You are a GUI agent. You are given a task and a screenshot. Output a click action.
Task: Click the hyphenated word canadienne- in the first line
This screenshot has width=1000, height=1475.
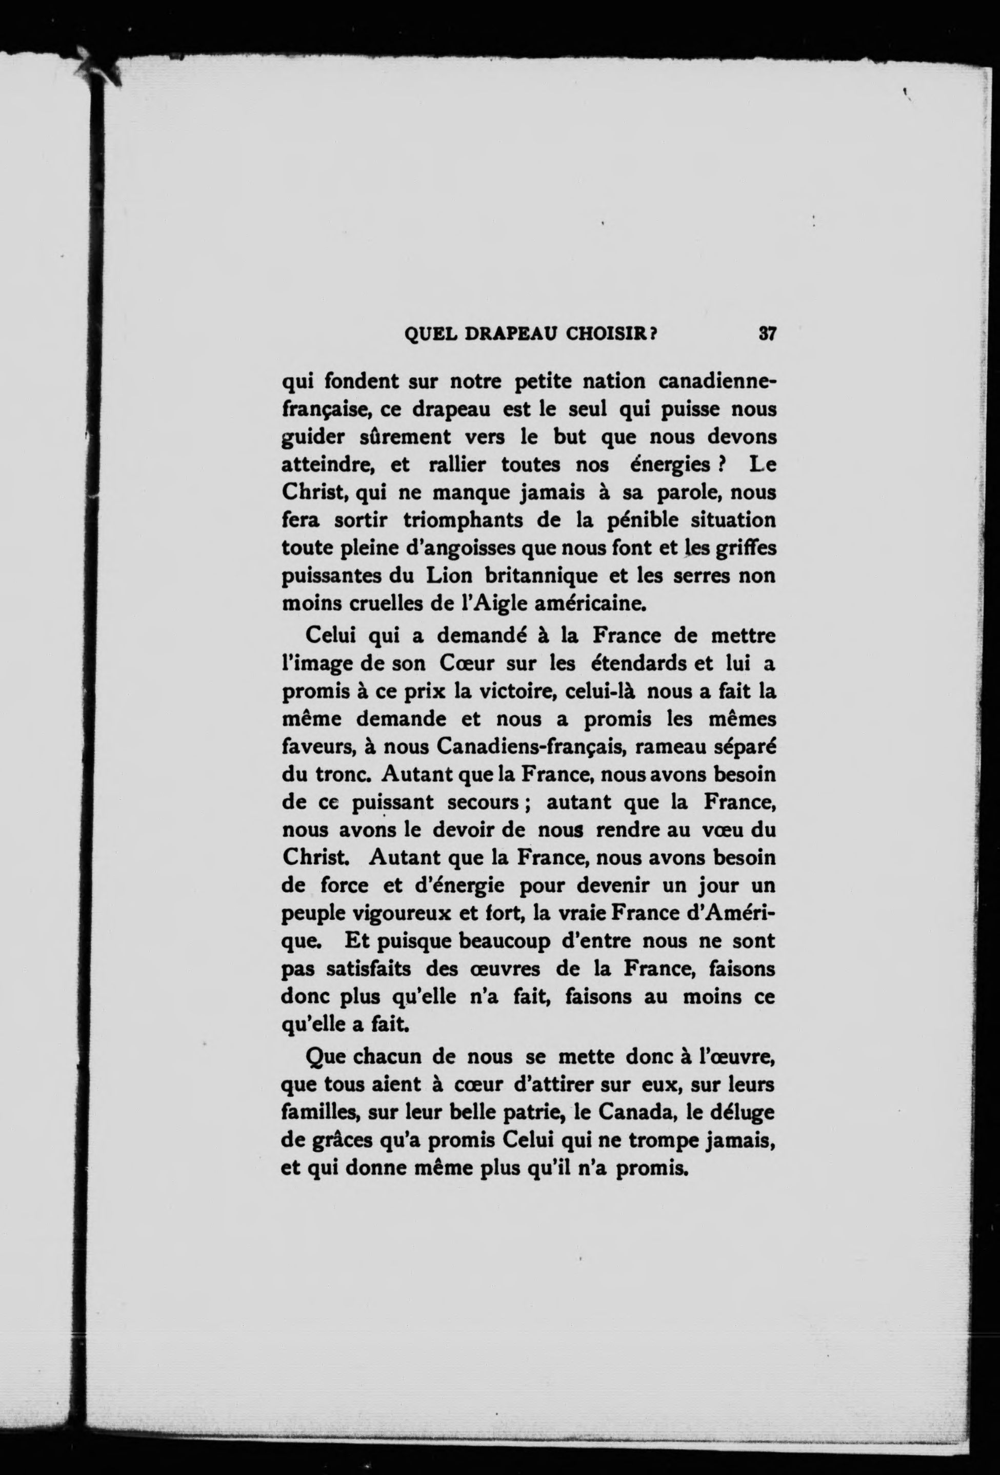coord(717,382)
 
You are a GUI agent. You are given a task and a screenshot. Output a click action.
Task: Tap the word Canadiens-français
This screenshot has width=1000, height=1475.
coord(532,748)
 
